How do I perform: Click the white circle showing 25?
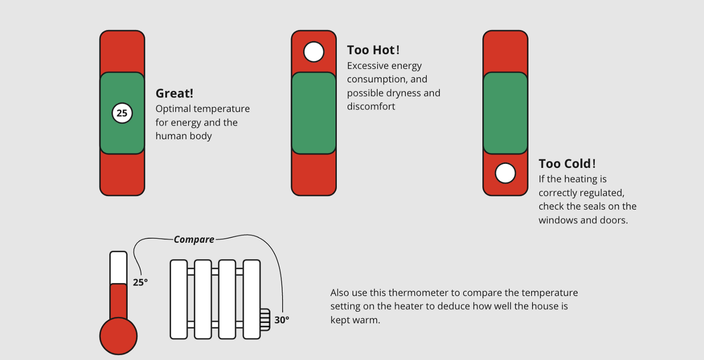point(122,113)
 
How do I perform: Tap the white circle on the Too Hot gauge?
point(314,52)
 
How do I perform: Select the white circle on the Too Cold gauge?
point(505,173)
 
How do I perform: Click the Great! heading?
point(174,94)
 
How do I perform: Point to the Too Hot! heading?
point(373,50)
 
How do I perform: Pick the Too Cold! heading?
point(567,164)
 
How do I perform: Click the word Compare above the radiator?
point(194,239)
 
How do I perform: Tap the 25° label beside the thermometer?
point(140,283)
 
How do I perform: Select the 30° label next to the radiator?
point(282,320)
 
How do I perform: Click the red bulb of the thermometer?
point(119,336)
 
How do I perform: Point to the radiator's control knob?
point(265,320)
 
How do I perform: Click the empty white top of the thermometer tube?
point(119,267)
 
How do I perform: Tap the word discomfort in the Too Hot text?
point(371,107)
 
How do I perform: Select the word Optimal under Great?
point(173,109)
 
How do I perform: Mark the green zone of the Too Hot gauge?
point(314,113)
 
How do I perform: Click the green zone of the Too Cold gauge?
point(505,113)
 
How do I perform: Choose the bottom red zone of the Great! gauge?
point(122,174)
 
